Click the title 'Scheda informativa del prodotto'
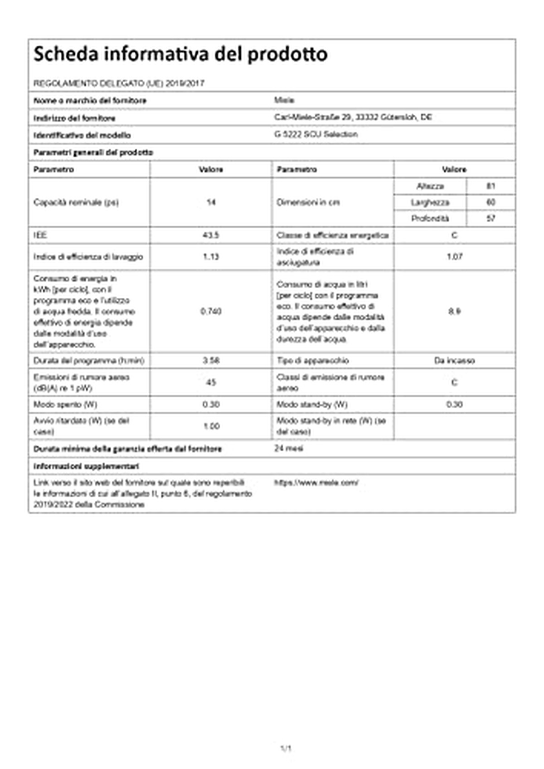[x=180, y=54]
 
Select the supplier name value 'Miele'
[x=284, y=100]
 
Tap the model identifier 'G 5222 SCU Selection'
[x=316, y=134]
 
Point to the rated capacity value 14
[x=211, y=202]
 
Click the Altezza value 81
[x=491, y=186]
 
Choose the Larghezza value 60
[x=491, y=202]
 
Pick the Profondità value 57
[x=491, y=218]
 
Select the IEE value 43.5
[x=211, y=235]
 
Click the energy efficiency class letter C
[x=454, y=235]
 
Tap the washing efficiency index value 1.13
[x=211, y=256]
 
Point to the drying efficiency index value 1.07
[x=454, y=256]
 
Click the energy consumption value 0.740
[x=211, y=311]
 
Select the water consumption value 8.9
[x=454, y=311]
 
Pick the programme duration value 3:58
[x=211, y=360]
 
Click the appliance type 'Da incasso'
[x=454, y=360]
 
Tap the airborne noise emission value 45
[x=211, y=382]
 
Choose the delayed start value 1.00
[x=211, y=426]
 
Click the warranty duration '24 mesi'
[x=289, y=449]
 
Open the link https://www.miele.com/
[x=316, y=483]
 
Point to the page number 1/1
[x=286, y=749]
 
